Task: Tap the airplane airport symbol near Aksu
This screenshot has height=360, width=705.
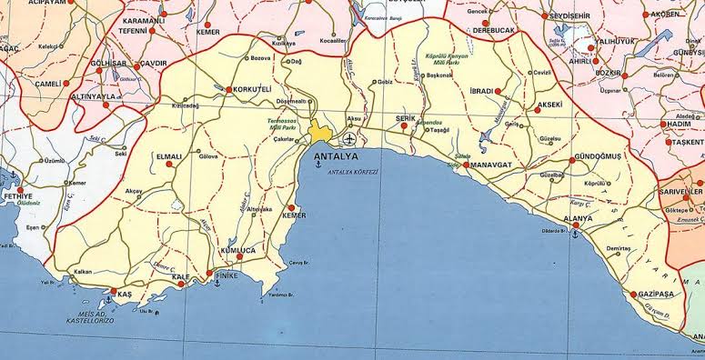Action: click(x=350, y=139)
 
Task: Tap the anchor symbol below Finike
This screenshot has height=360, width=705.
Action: click(x=217, y=285)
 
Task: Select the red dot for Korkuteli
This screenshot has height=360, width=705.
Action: click(x=228, y=90)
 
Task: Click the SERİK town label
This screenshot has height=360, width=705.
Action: click(x=407, y=118)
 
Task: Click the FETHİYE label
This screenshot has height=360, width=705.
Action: click(x=18, y=196)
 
